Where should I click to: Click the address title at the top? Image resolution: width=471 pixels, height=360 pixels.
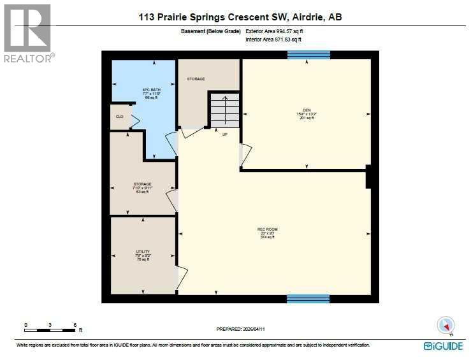pyautogui.click(x=240, y=17)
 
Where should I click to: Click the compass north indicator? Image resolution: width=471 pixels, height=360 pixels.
pyautogui.click(x=445, y=325)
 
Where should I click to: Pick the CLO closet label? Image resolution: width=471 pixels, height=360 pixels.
pyautogui.click(x=119, y=117)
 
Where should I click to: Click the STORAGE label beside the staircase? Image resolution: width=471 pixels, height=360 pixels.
pyautogui.click(x=196, y=79)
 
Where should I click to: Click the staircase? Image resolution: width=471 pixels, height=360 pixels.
pyautogui.click(x=224, y=110)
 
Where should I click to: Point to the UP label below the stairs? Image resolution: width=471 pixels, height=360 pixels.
pyautogui.click(x=224, y=134)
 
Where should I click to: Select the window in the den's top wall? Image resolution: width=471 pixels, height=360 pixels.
pyautogui.click(x=308, y=55)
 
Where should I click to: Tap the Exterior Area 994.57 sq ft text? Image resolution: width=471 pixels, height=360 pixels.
pyautogui.click(x=275, y=31)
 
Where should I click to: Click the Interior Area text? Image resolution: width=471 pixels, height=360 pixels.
pyautogui.click(x=273, y=40)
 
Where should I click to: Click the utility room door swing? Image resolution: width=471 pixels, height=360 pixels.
pyautogui.click(x=182, y=275)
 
